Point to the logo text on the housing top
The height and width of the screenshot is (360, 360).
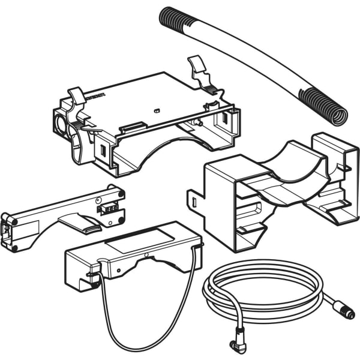pos(95,95)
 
